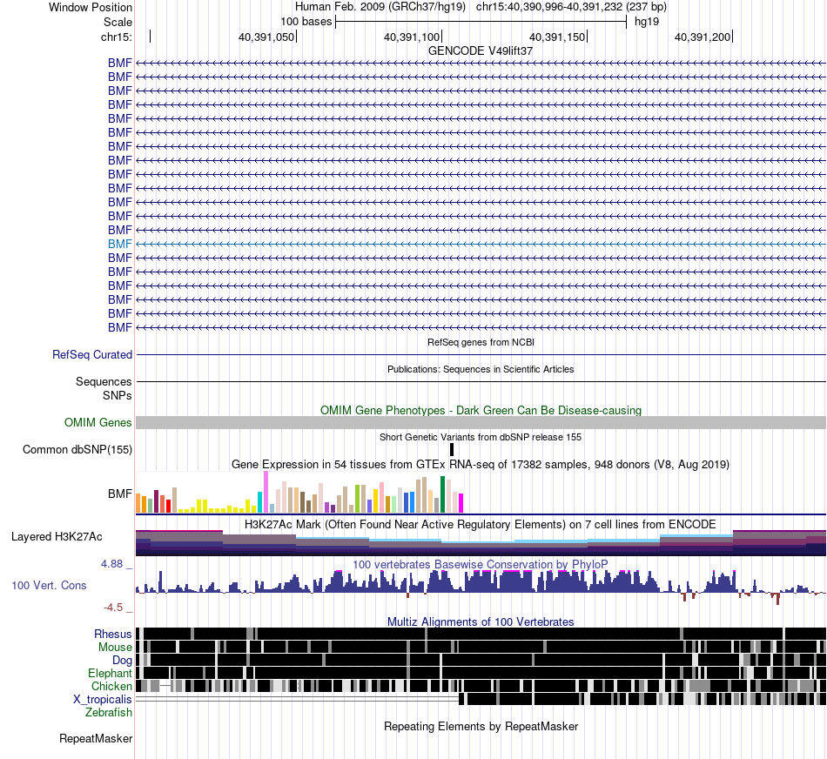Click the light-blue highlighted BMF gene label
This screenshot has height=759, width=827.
click(x=120, y=244)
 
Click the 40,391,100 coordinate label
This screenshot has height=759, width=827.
click(x=412, y=37)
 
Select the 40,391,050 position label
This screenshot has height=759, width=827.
click(x=266, y=37)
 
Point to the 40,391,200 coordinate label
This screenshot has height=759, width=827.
click(x=703, y=37)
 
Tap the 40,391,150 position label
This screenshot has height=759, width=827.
click(x=557, y=37)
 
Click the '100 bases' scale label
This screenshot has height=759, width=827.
click(x=306, y=22)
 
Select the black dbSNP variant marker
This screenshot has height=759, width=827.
click(x=452, y=449)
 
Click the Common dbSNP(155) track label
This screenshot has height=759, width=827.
click(x=77, y=449)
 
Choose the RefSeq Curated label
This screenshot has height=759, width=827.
click(x=92, y=354)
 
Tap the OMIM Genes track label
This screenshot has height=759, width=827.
click(x=98, y=422)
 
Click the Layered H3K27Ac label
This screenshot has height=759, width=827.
click(x=57, y=536)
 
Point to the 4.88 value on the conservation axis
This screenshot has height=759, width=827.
click(x=111, y=564)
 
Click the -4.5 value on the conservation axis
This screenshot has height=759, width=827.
click(x=113, y=607)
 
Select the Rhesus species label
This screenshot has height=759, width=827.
click(x=113, y=634)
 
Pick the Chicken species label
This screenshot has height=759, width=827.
click(x=111, y=686)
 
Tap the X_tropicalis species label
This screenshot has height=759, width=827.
click(x=103, y=700)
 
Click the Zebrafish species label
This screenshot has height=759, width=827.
click(x=109, y=712)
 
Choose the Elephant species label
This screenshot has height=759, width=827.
click(x=111, y=673)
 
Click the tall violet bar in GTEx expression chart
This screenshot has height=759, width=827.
click(x=266, y=492)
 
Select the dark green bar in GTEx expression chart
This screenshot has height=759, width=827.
click(x=442, y=494)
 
